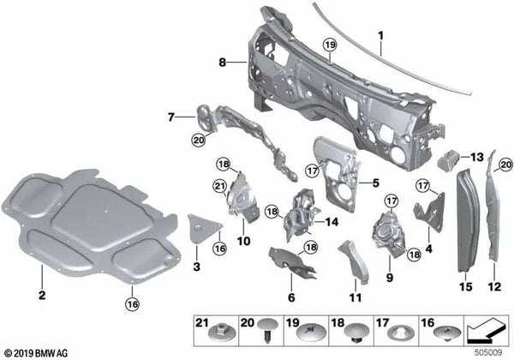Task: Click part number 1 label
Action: tap(380, 35)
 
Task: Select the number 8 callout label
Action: tap(223, 62)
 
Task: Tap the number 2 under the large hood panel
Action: tap(42, 295)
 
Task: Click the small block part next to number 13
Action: tap(448, 159)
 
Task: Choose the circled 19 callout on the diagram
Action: tap(330, 45)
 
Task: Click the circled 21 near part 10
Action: tap(220, 187)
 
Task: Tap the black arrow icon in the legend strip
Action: tap(486, 329)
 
